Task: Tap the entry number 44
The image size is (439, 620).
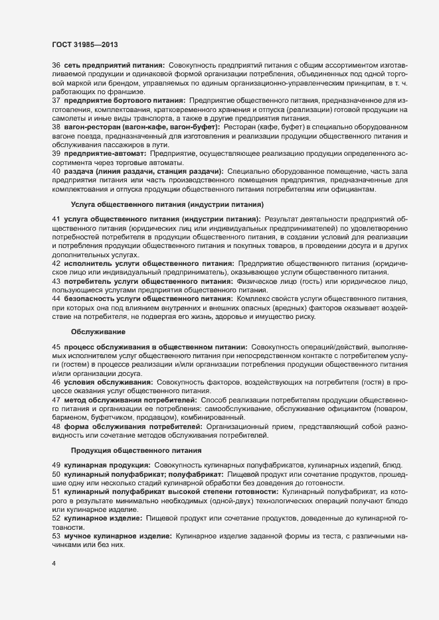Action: click(56, 298)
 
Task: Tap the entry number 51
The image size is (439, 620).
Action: click(56, 494)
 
